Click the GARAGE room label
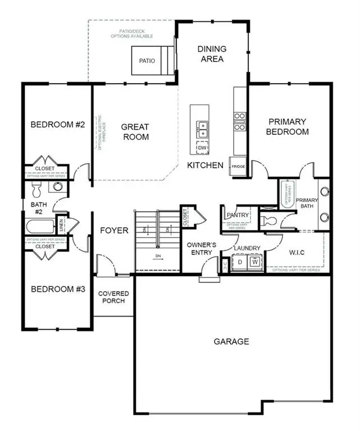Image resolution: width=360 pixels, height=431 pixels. click(231, 341)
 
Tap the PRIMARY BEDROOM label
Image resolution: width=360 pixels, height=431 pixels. click(288, 127)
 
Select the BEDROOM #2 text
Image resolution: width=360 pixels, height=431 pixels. click(57, 125)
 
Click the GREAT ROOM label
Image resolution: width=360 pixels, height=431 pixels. click(135, 132)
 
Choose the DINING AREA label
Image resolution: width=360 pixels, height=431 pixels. click(211, 54)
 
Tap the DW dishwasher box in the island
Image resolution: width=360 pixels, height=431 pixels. click(202, 148)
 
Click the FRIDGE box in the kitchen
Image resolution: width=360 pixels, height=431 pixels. click(238, 166)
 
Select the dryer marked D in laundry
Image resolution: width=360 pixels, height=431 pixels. click(239, 261)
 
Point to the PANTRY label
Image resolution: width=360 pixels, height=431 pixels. click(238, 215)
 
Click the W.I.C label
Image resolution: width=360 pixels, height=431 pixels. click(297, 253)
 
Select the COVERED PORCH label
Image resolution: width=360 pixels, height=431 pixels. click(113, 297)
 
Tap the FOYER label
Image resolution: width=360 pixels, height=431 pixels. click(114, 231)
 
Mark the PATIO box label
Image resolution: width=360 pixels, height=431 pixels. click(147, 61)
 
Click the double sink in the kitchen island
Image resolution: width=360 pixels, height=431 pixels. click(202, 129)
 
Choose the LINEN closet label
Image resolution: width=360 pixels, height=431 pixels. click(61, 225)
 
